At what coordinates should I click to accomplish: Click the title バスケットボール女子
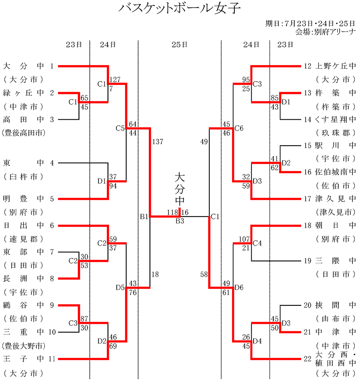coord(180,9)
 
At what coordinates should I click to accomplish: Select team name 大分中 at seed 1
coord(23,66)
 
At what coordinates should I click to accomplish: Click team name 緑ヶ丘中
coord(23,93)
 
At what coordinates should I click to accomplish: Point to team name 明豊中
coord(23,199)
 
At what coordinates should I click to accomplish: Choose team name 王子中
coord(23,359)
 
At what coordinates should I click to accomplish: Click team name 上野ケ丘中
coord(336,66)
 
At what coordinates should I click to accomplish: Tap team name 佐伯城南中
coord(336,172)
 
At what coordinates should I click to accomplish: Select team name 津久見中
coord(336,199)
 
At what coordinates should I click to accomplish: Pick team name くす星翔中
coord(336,119)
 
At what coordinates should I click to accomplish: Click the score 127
coord(115,79)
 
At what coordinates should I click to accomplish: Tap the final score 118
coord(172,212)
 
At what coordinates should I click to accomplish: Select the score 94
coord(113,186)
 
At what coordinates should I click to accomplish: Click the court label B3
coord(180,221)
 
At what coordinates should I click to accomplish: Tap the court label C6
coord(239,128)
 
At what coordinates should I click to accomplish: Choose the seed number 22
coord(307,359)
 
